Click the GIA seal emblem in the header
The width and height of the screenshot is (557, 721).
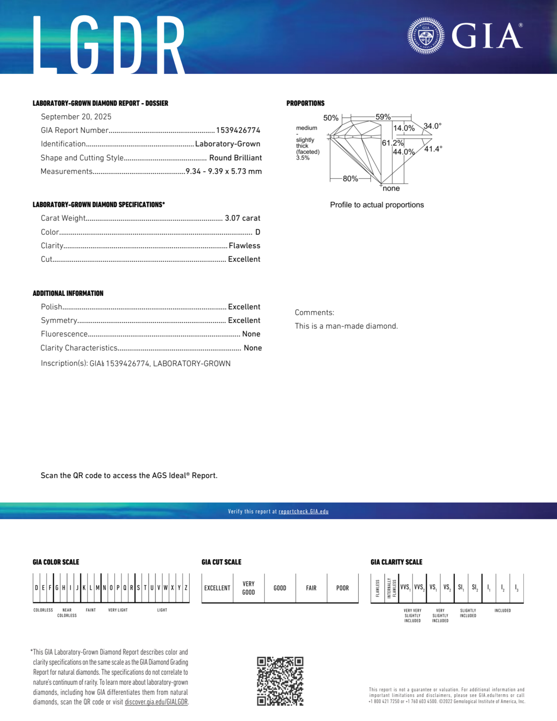(426, 36)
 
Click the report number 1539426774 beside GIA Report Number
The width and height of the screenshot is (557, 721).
(238, 130)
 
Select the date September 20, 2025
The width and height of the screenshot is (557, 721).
(76, 117)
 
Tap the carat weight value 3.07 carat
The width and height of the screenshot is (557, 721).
(242, 218)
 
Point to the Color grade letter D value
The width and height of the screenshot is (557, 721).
(257, 232)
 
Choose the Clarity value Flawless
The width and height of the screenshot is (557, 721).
(244, 246)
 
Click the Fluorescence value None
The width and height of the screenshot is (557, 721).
(251, 334)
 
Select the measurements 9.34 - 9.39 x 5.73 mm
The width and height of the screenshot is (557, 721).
(224, 171)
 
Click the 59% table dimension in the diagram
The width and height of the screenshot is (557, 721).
(383, 117)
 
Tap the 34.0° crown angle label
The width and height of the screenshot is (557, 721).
(433, 126)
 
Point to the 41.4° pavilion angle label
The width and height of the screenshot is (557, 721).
(433, 149)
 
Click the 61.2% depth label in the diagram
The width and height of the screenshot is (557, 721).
(392, 143)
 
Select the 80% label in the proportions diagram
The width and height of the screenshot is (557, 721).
(350, 179)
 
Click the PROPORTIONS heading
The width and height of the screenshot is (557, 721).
(305, 103)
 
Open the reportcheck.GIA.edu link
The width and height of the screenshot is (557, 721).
(303, 511)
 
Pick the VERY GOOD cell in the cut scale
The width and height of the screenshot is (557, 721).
(249, 588)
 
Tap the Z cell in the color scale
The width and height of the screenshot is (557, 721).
(186, 588)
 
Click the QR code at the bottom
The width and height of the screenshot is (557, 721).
(280, 681)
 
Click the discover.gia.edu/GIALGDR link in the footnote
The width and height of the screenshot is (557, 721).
(156, 702)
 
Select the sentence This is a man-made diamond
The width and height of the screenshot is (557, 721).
(346, 326)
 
